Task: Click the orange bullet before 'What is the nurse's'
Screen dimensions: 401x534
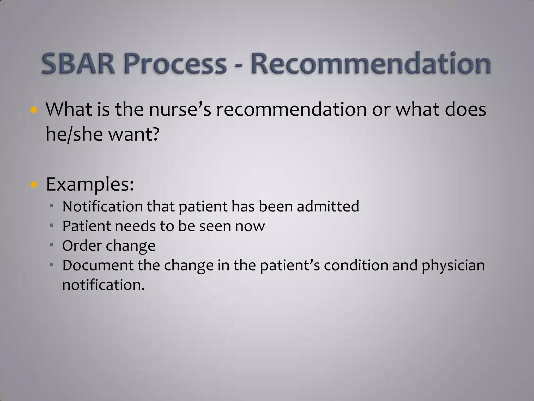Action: (34, 110)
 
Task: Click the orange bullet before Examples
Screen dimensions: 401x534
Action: (34, 185)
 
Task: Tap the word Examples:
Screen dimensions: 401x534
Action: (90, 184)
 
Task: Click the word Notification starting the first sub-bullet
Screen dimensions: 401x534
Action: (102, 206)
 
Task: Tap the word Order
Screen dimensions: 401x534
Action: (82, 246)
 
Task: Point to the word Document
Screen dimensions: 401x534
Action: (98, 265)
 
